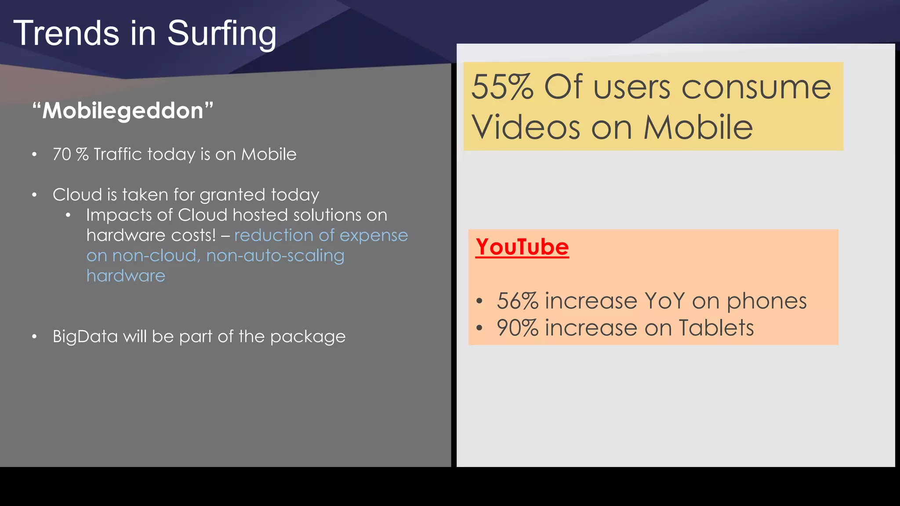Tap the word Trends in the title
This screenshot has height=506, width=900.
(x=66, y=33)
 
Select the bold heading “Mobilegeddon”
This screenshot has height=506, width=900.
(x=123, y=110)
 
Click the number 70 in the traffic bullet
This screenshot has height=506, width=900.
(x=62, y=154)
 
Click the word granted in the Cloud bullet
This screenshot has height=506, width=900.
(x=232, y=195)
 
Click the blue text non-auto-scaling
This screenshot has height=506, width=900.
(x=275, y=256)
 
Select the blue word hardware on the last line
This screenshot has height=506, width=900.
(x=126, y=276)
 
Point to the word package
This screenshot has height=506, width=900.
(x=308, y=337)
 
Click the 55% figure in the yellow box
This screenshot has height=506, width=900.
(x=502, y=87)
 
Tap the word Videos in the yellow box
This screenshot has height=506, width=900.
(x=526, y=127)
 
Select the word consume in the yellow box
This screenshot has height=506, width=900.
(x=756, y=87)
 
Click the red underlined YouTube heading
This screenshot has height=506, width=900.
(x=522, y=247)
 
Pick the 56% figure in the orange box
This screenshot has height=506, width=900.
(x=517, y=301)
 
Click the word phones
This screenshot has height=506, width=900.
(x=766, y=302)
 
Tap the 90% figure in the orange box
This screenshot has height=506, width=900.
(x=517, y=328)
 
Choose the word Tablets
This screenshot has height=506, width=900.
(x=716, y=328)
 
